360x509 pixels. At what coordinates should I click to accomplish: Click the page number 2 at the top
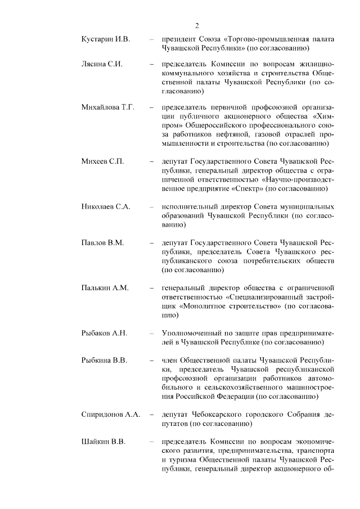(x=197, y=25)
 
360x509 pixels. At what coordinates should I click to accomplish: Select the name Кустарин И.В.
(x=106, y=39)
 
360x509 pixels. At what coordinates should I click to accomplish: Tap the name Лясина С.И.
(x=102, y=64)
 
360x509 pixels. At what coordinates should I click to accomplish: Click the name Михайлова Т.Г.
(x=108, y=107)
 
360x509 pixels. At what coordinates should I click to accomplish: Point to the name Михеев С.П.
(x=102, y=161)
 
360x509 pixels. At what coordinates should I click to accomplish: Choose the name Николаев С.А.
(x=106, y=206)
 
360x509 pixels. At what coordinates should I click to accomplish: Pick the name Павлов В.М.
(x=102, y=242)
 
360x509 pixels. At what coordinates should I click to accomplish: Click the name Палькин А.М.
(x=105, y=288)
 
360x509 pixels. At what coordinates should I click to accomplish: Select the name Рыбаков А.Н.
(x=105, y=334)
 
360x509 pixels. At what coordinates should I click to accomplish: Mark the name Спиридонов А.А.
(x=111, y=415)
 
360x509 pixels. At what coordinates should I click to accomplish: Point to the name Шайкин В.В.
(x=103, y=441)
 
